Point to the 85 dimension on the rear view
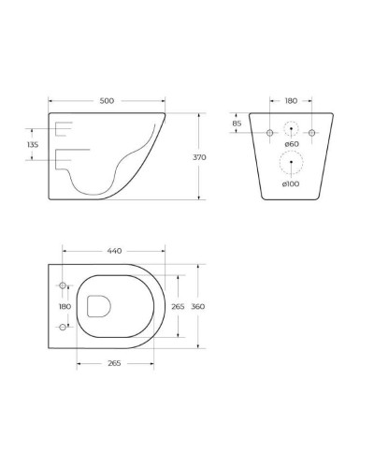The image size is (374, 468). pyautogui.click(x=237, y=124)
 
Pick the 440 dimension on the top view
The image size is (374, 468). pyautogui.click(x=114, y=251)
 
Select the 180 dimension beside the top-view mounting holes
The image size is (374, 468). pyautogui.click(x=65, y=306)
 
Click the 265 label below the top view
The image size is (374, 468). pyautogui.click(x=114, y=362)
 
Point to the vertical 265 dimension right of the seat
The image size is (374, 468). pyautogui.click(x=179, y=306)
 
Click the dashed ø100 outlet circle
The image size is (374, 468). pyautogui.click(x=292, y=165)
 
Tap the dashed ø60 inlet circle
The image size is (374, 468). pyautogui.click(x=292, y=133)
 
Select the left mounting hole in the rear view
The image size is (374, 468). pyautogui.click(x=270, y=133)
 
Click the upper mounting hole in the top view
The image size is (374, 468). pyautogui.click(x=64, y=285)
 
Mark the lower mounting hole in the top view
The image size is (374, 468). pyautogui.click(x=64, y=327)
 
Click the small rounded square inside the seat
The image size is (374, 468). pyautogui.click(x=97, y=305)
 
